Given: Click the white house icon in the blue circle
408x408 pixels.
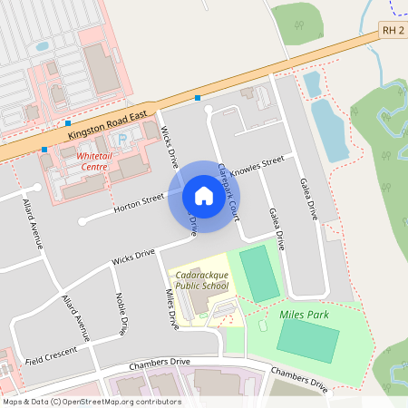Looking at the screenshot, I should pyautogui.click(x=203, y=196).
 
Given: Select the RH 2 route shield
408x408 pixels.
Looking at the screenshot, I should pyautogui.click(x=392, y=31).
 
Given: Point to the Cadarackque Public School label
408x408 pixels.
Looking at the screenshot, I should pyautogui.click(x=200, y=280).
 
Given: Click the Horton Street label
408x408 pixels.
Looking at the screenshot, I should pyautogui.click(x=138, y=203).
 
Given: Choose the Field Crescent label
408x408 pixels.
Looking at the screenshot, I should pyautogui.click(x=50, y=355).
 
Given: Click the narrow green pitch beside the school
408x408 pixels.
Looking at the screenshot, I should pyautogui.click(x=260, y=273).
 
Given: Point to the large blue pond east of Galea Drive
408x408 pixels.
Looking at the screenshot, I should pyautogui.click(x=328, y=129).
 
